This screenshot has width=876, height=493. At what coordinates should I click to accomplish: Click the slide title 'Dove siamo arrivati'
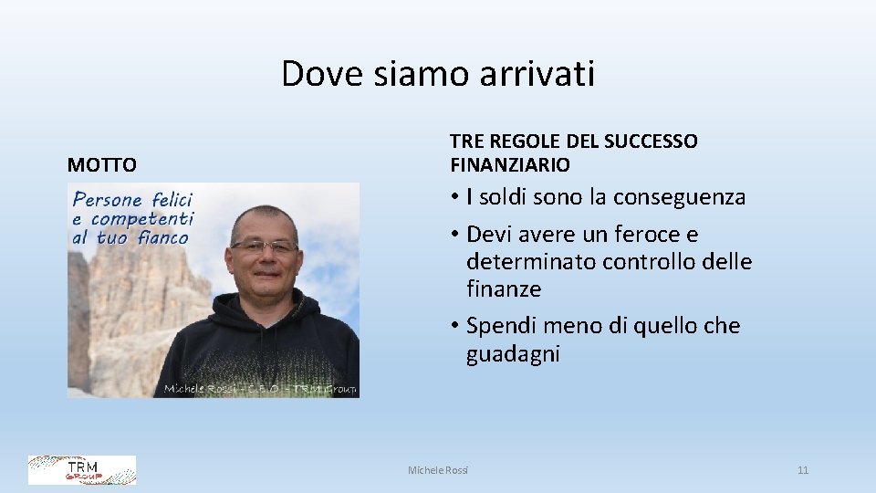coord(438,73)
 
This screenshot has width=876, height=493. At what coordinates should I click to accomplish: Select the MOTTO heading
coord(102,165)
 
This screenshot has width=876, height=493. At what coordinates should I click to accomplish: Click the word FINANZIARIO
coord(510,165)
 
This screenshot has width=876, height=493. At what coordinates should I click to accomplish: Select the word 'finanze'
coord(504,289)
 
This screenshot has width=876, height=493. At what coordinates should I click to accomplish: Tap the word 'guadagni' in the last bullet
coord(513,354)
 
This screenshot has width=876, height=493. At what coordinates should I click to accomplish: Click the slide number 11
coord(803,470)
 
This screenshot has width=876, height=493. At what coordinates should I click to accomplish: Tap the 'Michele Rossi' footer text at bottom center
coord(438,470)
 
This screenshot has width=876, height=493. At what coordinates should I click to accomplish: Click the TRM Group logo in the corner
coord(82,470)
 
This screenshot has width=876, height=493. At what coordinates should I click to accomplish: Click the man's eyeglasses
coord(264,246)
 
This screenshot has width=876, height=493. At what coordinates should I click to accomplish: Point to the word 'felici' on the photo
coord(172,199)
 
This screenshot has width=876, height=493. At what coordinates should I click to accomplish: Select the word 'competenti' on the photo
coord(142,219)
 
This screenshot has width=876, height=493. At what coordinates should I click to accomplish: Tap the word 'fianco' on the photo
coord(163,238)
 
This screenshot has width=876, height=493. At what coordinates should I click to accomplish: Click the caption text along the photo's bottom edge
coord(260,390)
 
